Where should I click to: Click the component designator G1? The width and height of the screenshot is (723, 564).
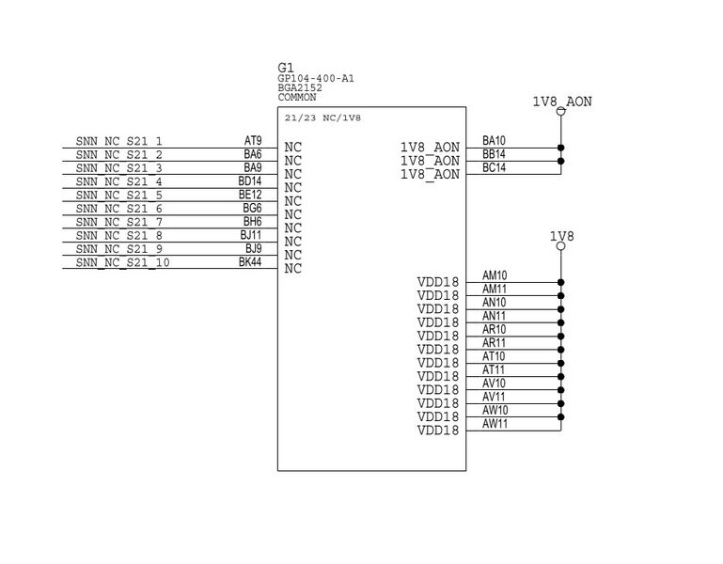coord(286,68)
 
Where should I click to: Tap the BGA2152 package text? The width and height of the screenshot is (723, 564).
coord(300,87)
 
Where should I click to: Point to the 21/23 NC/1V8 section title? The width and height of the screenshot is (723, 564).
coord(323,118)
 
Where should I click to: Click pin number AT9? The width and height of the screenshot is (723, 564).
coord(253,140)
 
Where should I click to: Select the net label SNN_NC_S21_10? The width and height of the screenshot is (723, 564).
coord(122,262)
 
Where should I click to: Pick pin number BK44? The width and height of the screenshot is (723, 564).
coord(250,262)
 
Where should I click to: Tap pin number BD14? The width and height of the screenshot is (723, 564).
coord(250,180)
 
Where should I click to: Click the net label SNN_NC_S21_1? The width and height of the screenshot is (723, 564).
coord(118,141)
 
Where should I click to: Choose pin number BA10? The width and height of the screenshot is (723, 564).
coord(494,140)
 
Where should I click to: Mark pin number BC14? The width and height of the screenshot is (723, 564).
coord(494,167)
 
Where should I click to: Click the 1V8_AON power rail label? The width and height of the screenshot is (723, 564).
coord(562,102)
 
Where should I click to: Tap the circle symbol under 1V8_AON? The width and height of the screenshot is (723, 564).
coord(561,113)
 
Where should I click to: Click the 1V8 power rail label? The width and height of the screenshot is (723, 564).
coord(561,237)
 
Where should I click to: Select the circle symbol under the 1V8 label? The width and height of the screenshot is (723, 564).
coord(561,247)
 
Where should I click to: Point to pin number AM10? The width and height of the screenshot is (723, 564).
coord(495,275)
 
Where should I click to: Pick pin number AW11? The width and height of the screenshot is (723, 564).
coord(495,424)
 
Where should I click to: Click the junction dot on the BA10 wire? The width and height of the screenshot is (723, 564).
coord(561,148)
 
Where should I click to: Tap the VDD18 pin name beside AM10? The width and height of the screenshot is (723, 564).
coord(438,282)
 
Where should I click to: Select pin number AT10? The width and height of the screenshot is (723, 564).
coord(494,356)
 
